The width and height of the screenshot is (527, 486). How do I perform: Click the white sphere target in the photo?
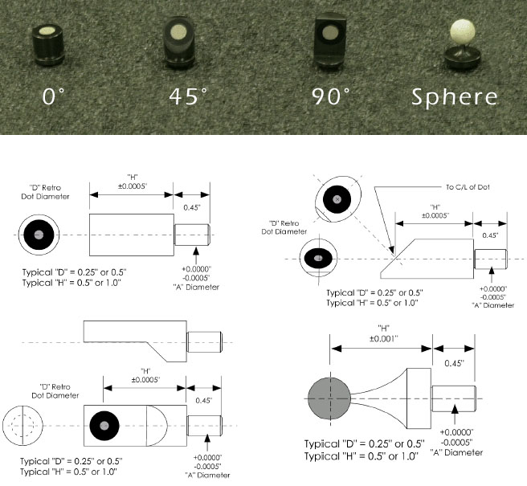(x=462, y=31)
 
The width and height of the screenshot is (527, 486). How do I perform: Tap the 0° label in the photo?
(x=53, y=96)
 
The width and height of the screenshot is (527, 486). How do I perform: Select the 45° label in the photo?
(x=188, y=96)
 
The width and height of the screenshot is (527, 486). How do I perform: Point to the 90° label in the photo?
(x=331, y=96)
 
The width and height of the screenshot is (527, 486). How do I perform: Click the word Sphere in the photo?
(x=455, y=97)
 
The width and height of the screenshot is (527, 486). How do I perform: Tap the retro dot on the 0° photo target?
(x=47, y=31)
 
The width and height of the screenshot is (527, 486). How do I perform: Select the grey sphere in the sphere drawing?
(x=329, y=398)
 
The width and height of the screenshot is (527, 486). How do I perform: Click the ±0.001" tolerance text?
(x=384, y=339)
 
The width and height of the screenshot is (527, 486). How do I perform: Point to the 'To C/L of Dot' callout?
(x=468, y=187)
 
